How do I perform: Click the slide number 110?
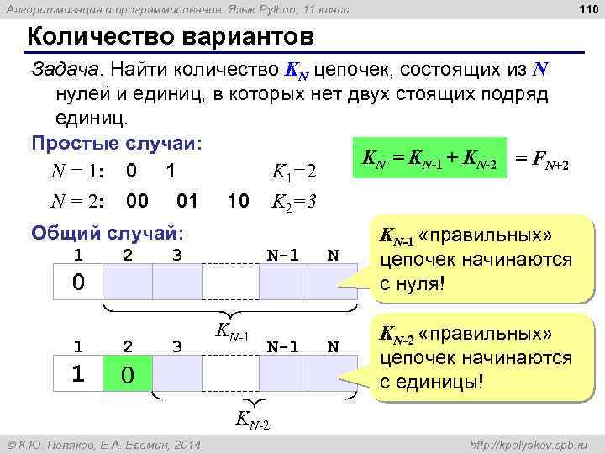[587, 10]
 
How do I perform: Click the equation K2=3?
[293, 202]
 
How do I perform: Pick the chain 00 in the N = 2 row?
[138, 202]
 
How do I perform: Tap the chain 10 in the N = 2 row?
[239, 202]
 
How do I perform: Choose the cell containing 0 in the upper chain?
[77, 281]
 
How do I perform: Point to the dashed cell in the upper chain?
[229, 281]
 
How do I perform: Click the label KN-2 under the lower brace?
[252, 417]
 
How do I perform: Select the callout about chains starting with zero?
[476, 259]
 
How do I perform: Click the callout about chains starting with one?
[476, 357]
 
